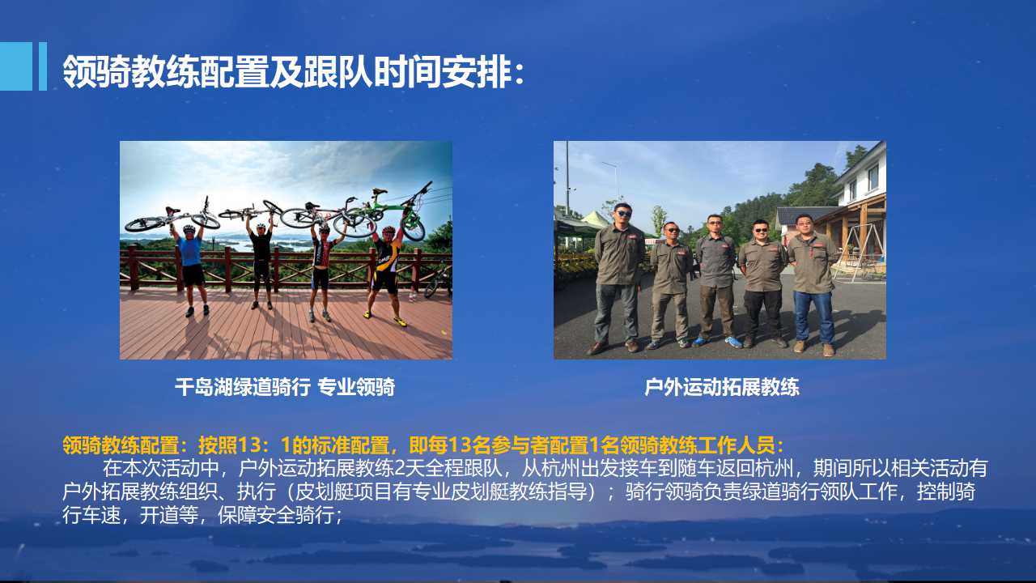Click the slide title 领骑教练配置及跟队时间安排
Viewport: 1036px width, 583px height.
pyautogui.click(x=287, y=72)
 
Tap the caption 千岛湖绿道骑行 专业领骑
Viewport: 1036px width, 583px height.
pyautogui.click(x=285, y=387)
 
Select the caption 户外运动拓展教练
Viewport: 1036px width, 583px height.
pyautogui.click(x=722, y=387)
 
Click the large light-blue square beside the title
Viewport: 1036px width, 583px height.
pyautogui.click(x=16, y=66)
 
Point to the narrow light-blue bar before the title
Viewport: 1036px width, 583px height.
pyautogui.click(x=43, y=66)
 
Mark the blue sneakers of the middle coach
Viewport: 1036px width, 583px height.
pyautogui.click(x=718, y=342)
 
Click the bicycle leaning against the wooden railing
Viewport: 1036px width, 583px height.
pyautogui.click(x=437, y=283)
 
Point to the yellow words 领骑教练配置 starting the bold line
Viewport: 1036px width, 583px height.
pyautogui.click(x=121, y=445)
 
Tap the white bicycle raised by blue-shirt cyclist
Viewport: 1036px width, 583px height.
pyautogui.click(x=172, y=218)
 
